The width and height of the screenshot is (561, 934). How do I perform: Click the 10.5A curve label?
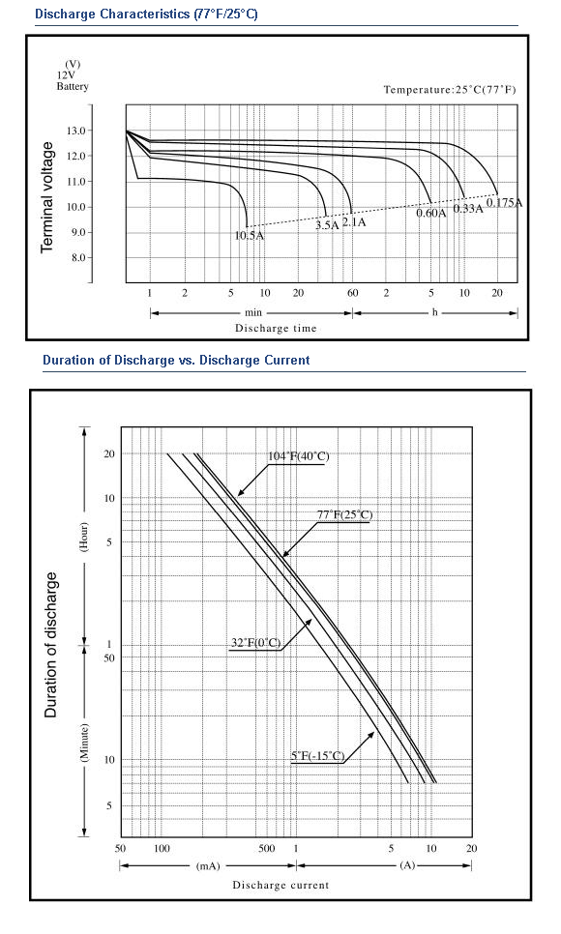(x=250, y=235)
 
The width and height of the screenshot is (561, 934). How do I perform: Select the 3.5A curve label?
(x=327, y=225)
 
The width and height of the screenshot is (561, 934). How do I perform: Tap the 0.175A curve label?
(x=504, y=202)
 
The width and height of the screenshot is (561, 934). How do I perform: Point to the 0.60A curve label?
(x=431, y=213)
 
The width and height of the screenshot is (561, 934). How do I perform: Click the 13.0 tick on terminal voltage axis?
(x=78, y=131)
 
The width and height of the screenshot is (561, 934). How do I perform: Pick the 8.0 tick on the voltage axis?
(x=78, y=258)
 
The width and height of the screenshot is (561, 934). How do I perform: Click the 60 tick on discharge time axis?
(x=353, y=292)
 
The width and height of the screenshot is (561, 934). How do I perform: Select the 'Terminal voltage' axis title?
(x=47, y=197)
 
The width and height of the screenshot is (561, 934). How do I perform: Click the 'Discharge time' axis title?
(x=276, y=328)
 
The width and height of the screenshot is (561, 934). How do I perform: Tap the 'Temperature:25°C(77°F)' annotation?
(x=450, y=90)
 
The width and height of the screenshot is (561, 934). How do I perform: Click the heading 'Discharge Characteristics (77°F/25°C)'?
(x=147, y=14)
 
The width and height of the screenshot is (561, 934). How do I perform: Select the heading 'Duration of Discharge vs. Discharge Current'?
(x=176, y=360)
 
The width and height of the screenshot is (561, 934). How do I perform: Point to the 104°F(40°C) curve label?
(x=298, y=456)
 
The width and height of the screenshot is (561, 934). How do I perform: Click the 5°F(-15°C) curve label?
(x=318, y=756)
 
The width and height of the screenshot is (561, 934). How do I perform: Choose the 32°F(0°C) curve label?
(x=255, y=643)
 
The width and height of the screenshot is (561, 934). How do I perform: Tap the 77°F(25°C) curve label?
(x=344, y=514)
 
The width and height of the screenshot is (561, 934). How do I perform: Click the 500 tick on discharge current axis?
(x=267, y=848)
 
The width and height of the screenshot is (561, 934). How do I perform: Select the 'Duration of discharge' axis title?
(x=51, y=645)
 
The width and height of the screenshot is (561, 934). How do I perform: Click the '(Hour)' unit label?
(x=85, y=537)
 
